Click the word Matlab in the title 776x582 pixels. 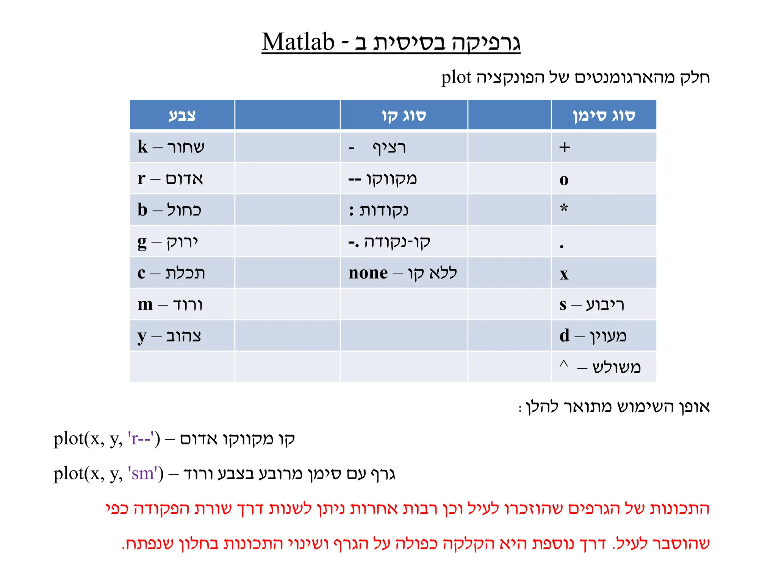(x=298, y=42)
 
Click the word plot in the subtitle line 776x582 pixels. (x=456, y=78)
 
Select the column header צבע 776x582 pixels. (x=182, y=115)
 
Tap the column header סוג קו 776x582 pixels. (x=404, y=115)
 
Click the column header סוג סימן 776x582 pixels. (x=604, y=115)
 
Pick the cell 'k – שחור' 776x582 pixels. (x=171, y=147)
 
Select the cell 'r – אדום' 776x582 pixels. (x=170, y=178)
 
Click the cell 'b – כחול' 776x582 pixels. (x=169, y=210)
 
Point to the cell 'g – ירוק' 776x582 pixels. (x=168, y=242)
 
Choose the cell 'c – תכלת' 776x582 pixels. (x=171, y=273)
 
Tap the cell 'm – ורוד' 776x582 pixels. (x=170, y=305)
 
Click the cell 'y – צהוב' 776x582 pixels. (x=169, y=336)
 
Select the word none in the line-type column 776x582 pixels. (x=368, y=273)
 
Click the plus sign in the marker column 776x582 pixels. (x=565, y=147)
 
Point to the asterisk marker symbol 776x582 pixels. (x=564, y=208)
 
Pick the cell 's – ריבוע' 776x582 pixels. (x=591, y=305)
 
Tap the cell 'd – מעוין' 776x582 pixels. (x=593, y=336)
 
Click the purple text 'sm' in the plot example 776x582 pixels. (x=143, y=474)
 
